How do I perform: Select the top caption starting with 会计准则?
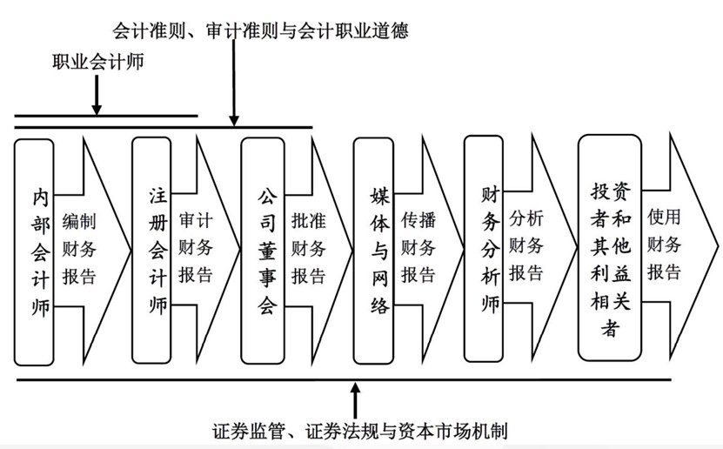(x=260, y=30)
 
